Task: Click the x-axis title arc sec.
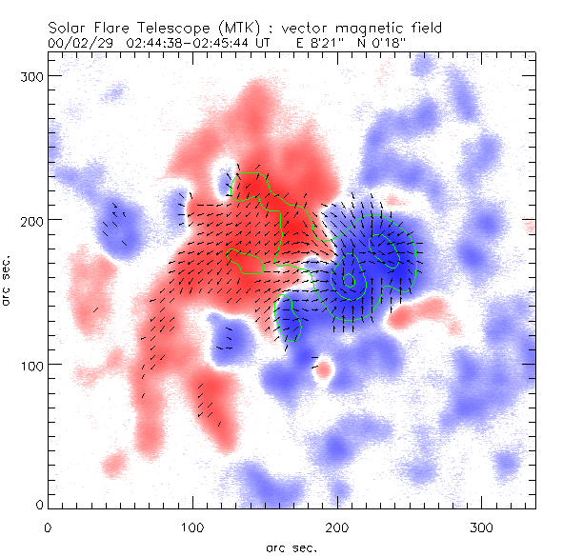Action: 291,547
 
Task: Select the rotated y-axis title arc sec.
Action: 9,280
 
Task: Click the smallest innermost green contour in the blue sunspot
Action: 350,280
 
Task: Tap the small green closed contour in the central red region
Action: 246,262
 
